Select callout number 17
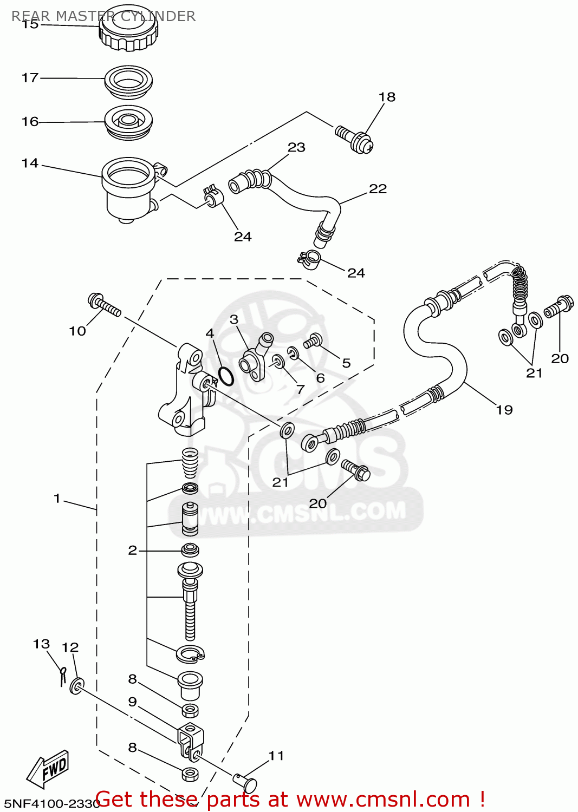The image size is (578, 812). [x=30, y=78]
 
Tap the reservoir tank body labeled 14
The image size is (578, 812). [x=127, y=189]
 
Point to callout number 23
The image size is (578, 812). [x=296, y=147]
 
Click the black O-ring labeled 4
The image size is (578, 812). [x=226, y=376]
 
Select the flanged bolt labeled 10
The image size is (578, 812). [x=104, y=304]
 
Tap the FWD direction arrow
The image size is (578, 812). [x=49, y=768]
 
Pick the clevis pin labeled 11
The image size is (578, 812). [x=245, y=782]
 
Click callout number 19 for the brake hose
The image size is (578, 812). [x=504, y=410]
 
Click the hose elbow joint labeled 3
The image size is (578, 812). [x=255, y=360]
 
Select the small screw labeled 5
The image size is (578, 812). [x=313, y=341]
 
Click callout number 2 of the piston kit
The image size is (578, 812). [x=132, y=551]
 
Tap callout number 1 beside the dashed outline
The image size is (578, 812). [x=57, y=498]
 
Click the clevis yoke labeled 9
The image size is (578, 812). [x=190, y=739]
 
